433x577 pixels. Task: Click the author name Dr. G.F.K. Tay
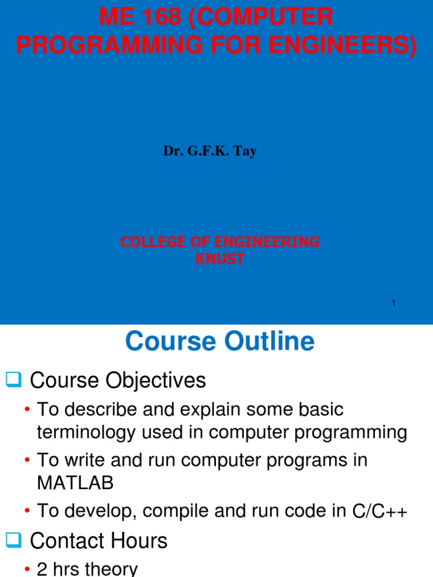pos(210,152)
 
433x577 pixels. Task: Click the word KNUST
pos(220,260)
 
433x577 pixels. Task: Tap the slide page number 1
pos(394,304)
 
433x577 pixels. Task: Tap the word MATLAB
pos(75,483)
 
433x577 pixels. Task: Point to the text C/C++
pos(379,511)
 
